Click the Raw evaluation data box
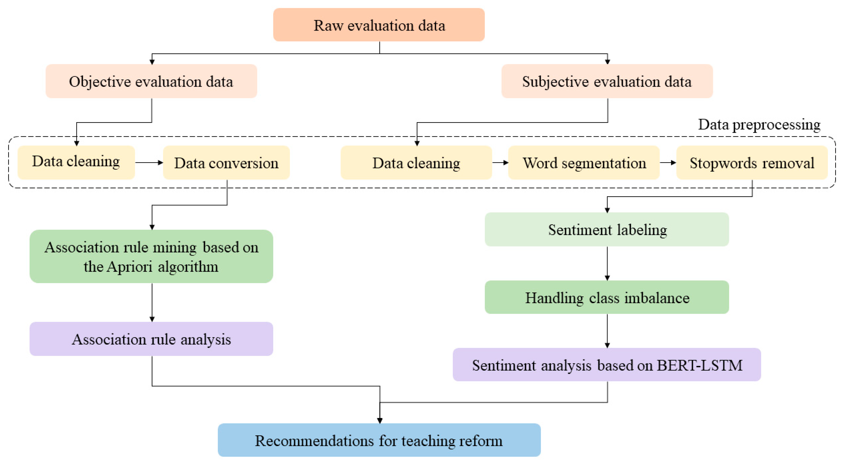(379, 25)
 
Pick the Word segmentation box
(584, 163)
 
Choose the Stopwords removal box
(752, 163)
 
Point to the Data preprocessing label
(759, 125)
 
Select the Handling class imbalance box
(607, 297)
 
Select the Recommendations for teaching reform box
(379, 440)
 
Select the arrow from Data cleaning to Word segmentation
(500, 162)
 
